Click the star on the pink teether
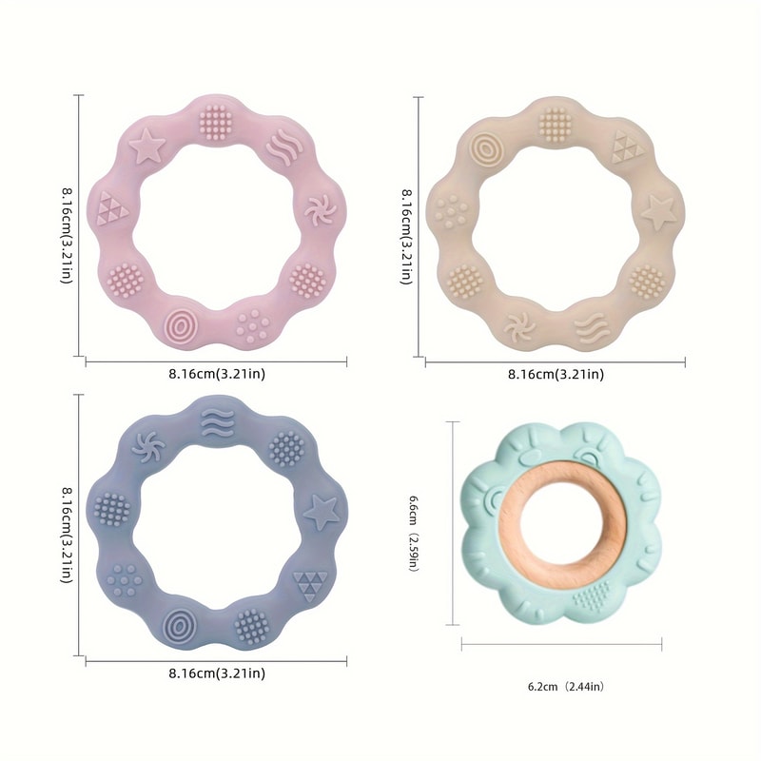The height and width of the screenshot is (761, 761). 146,146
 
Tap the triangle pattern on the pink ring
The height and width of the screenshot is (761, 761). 112,205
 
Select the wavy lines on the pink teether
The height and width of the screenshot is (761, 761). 278,148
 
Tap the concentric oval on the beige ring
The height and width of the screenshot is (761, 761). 488,148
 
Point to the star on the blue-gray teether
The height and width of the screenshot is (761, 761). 321,513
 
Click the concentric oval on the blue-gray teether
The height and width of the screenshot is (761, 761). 177,625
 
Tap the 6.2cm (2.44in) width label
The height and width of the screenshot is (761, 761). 565,686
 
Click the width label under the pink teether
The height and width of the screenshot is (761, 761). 218,374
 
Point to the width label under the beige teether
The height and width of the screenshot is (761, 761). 556,374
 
